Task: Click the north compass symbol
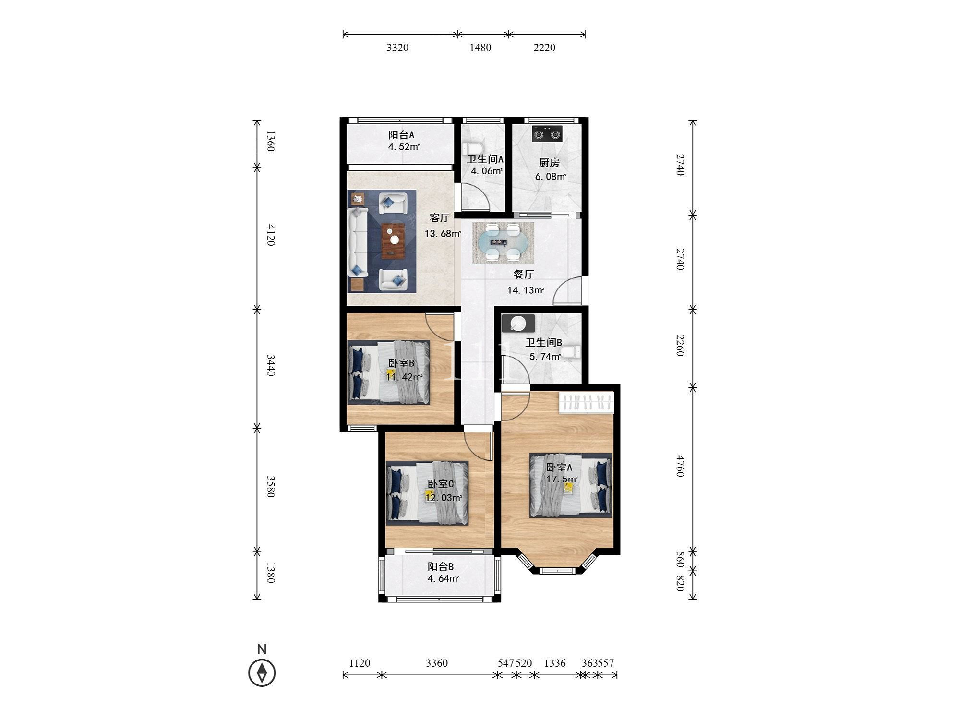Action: pyautogui.click(x=262, y=672)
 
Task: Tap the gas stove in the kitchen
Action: pyautogui.click(x=547, y=133)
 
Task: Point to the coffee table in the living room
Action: pyautogui.click(x=394, y=241)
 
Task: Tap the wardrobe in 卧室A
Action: pyautogui.click(x=587, y=403)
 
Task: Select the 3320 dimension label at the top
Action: pyautogui.click(x=397, y=48)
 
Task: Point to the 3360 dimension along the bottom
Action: pyautogui.click(x=437, y=663)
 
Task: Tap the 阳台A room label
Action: pyautogui.click(x=401, y=135)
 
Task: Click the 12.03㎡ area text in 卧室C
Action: pyautogui.click(x=444, y=498)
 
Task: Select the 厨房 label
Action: pyautogui.click(x=549, y=163)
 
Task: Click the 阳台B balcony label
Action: pyautogui.click(x=441, y=566)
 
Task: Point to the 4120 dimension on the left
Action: pyautogui.click(x=271, y=235)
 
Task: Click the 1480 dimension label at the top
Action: pyautogui.click(x=480, y=48)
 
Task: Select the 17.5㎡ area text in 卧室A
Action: pyautogui.click(x=562, y=479)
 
